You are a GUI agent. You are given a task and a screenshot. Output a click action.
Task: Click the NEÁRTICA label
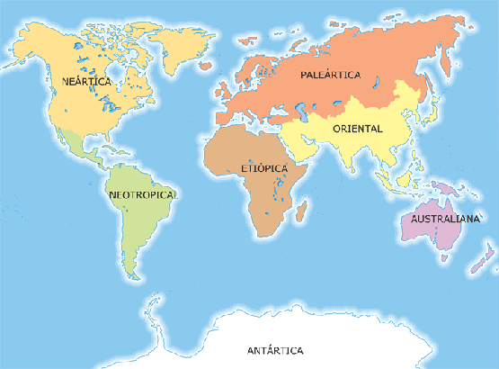click(x=86, y=81)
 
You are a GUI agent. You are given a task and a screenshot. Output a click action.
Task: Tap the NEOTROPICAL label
click(x=143, y=194)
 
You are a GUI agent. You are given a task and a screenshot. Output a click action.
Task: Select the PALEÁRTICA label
click(x=330, y=75)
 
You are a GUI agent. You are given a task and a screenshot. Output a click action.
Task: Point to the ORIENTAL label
click(x=357, y=129)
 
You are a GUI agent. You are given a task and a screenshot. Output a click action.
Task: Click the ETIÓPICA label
click(x=263, y=168)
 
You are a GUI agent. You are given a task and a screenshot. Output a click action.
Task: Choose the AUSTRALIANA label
click(x=442, y=219)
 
